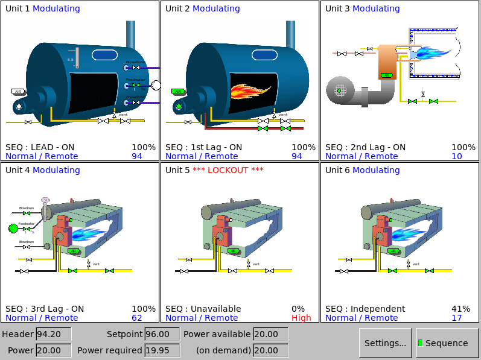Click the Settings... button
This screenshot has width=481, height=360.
[x=385, y=343]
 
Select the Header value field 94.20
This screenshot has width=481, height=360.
[x=53, y=334]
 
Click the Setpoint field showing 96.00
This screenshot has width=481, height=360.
[x=162, y=334]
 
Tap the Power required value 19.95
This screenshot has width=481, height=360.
[x=162, y=350]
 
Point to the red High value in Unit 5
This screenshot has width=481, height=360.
[x=301, y=318]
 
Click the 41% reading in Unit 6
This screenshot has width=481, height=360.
[x=460, y=309]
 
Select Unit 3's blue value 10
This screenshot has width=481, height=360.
[x=456, y=156]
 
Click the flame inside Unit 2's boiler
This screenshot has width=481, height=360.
[x=250, y=92]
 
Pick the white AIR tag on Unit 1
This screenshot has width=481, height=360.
[x=18, y=92]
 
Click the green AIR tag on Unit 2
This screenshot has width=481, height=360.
[x=177, y=92]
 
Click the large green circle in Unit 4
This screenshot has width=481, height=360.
[x=13, y=228]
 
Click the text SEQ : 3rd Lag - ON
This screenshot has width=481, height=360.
[x=45, y=309]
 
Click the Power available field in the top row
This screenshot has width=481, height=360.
[x=270, y=334]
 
